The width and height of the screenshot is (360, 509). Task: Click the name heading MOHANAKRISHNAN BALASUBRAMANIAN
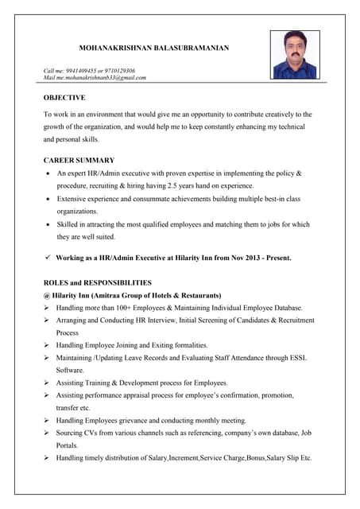[154, 49]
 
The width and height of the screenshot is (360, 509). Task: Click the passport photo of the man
[295, 55]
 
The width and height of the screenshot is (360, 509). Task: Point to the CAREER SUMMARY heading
[79, 160]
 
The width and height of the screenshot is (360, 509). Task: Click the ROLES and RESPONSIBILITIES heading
[97, 282]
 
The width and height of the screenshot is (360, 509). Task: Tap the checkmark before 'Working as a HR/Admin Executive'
[48, 258]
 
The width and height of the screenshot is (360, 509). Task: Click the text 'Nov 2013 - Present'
[262, 258]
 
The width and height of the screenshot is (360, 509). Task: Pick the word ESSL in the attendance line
[294, 358]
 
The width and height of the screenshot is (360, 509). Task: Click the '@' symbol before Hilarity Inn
[47, 295]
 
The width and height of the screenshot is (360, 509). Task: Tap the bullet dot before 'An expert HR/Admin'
[49, 173]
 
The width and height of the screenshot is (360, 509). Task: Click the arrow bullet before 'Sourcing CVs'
[48, 433]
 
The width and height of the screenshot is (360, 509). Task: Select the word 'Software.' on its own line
[70, 370]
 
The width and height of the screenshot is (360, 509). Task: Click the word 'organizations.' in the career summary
[77, 212]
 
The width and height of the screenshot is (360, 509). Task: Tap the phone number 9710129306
[118, 71]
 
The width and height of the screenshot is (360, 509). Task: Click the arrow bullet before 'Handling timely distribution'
[48, 458]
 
